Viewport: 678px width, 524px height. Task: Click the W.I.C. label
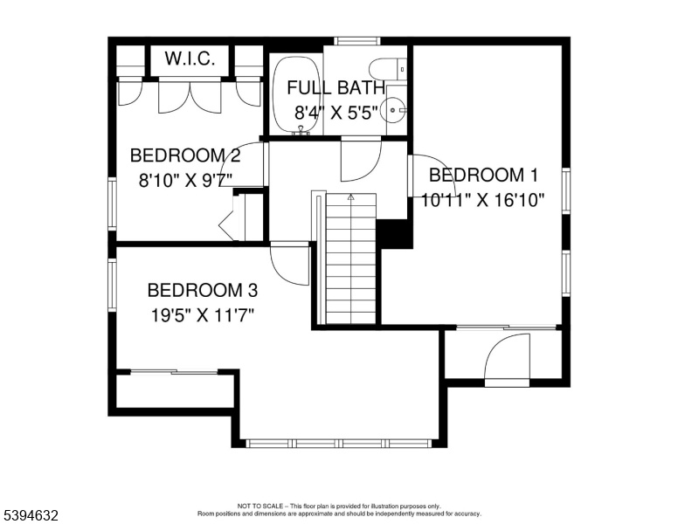pyautogui.click(x=190, y=59)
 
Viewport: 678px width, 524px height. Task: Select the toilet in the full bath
pyautogui.click(x=387, y=69)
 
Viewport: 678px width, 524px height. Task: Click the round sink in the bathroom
pyautogui.click(x=393, y=110)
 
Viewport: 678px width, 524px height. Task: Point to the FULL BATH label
pyautogui.click(x=336, y=87)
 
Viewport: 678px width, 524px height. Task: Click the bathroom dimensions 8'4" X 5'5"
pyautogui.click(x=336, y=114)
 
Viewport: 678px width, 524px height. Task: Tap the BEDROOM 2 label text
pyautogui.click(x=185, y=155)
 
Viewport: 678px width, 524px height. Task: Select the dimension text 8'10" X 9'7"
pyautogui.click(x=185, y=180)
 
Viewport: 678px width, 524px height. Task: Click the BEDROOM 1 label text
pyautogui.click(x=483, y=175)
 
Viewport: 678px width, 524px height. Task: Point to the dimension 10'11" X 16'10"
pyautogui.click(x=482, y=200)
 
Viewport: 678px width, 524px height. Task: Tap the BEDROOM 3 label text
pyautogui.click(x=203, y=290)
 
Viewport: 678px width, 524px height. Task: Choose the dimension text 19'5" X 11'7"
pyautogui.click(x=202, y=315)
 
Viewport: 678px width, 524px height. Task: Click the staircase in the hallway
pyautogui.click(x=350, y=259)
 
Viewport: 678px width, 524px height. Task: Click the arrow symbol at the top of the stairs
pyautogui.click(x=350, y=197)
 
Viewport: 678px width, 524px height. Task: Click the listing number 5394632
pyautogui.click(x=31, y=515)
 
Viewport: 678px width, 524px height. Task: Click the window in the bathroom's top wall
pyautogui.click(x=357, y=41)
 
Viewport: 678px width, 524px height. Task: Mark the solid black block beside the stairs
pyautogui.click(x=393, y=233)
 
